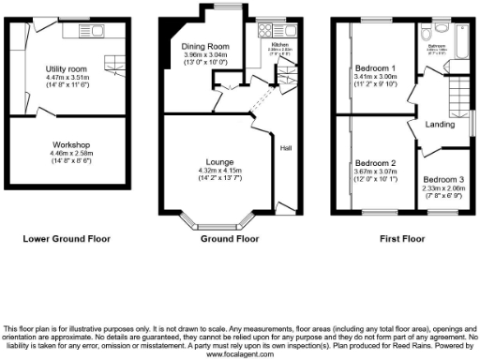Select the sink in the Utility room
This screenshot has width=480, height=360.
pyautogui.click(x=97, y=32)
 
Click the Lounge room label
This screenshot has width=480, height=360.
pyautogui.click(x=209, y=160)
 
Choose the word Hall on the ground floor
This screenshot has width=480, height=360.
pyautogui.click(x=285, y=147)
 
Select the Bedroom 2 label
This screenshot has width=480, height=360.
pyautogui.click(x=373, y=163)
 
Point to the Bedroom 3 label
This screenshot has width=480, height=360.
pyautogui.click(x=442, y=180)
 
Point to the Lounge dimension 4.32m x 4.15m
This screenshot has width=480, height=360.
pyautogui.click(x=209, y=169)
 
